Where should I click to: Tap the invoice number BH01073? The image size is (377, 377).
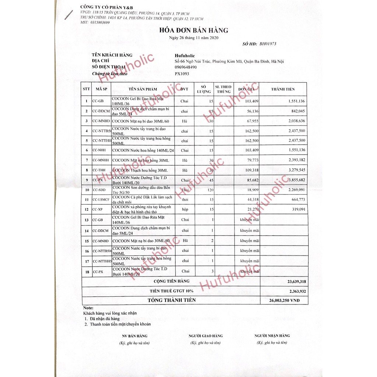coord(268,43)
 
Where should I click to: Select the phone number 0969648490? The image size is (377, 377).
coord(186,67)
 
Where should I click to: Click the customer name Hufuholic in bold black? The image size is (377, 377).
coord(184,56)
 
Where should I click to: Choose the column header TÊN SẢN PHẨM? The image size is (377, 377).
coord(143,89)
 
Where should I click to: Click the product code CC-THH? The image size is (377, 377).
coord(99,170)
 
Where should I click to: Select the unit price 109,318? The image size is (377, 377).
coord(251,170)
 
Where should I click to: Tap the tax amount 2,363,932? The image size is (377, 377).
coord(296,291)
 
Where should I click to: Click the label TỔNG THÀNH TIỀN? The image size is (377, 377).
coord(172,300)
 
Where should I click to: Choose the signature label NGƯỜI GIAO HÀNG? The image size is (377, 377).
coord(205,336)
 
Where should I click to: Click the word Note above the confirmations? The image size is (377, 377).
coord(88,307)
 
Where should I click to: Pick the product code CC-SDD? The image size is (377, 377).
coord(99,190)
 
